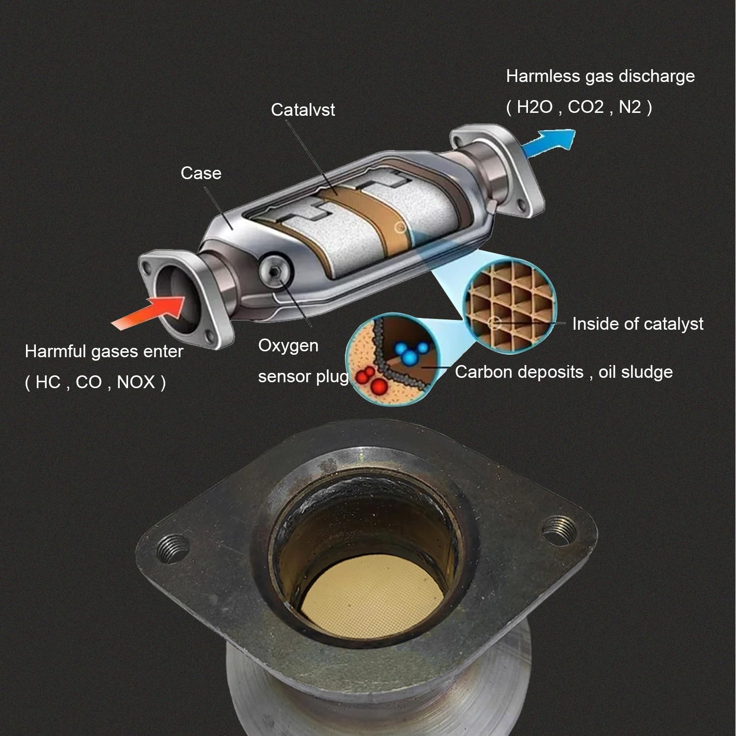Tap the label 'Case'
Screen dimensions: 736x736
click(201, 173)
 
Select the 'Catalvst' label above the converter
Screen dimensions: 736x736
click(303, 110)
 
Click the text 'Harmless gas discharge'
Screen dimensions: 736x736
click(600, 77)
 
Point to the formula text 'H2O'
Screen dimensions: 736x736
click(534, 107)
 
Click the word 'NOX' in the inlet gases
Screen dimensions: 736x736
click(136, 382)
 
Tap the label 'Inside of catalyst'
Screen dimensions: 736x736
click(637, 324)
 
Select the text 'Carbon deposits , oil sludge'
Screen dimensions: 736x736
click(563, 372)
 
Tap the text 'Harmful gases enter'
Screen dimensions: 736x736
click(104, 352)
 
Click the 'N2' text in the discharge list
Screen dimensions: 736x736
click(630, 107)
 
